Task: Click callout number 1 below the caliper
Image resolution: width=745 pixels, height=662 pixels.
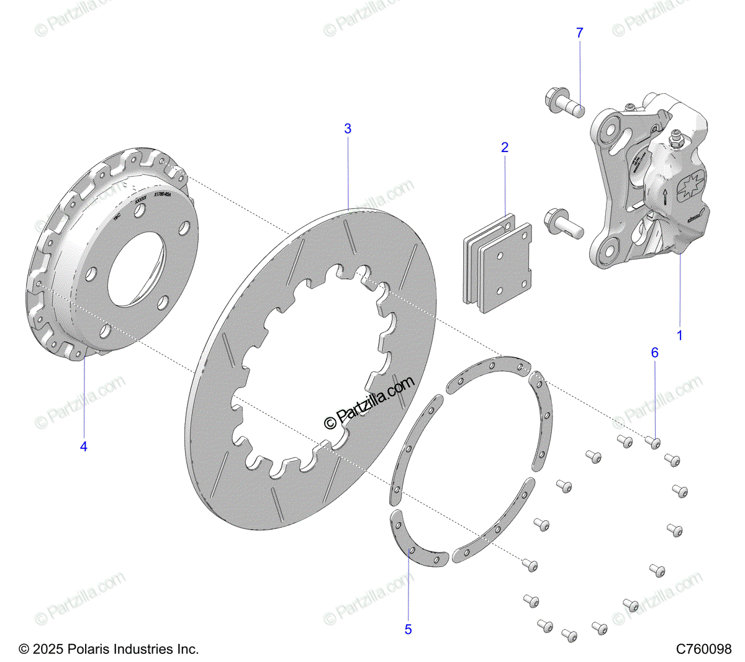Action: [x=679, y=335]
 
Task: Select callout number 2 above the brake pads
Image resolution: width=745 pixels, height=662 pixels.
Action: [x=505, y=147]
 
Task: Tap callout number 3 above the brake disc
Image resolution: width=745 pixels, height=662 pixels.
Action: [x=348, y=129]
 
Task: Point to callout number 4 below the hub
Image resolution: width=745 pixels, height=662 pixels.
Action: [x=84, y=446]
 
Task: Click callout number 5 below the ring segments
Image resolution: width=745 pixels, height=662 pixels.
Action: [x=408, y=629]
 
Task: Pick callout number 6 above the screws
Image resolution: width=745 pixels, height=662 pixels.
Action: [x=654, y=353]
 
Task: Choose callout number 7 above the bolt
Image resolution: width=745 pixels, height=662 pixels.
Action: [x=580, y=33]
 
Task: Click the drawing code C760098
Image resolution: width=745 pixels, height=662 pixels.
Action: [x=704, y=650]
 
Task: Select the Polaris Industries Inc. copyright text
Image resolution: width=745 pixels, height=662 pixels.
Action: [x=109, y=650]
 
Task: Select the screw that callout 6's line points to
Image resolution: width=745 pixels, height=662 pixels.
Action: [x=652, y=442]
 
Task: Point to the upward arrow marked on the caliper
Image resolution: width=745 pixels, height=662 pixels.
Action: [x=664, y=197]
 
